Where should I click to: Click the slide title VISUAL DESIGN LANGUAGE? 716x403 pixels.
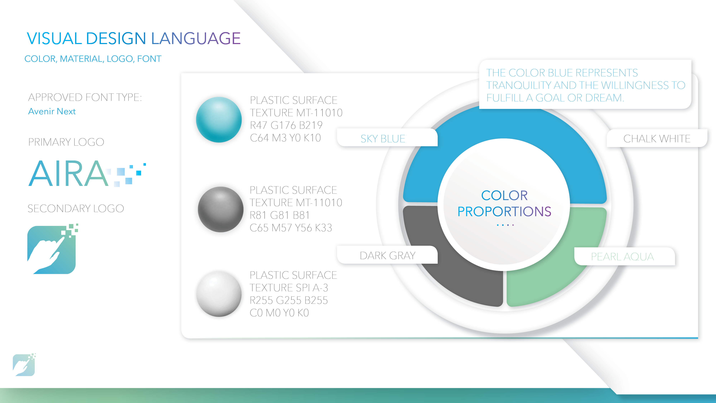(134, 38)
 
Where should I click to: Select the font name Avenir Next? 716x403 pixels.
(52, 111)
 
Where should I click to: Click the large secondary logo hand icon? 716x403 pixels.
(52, 249)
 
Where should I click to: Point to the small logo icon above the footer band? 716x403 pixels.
(24, 365)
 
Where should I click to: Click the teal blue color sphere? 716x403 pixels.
(219, 120)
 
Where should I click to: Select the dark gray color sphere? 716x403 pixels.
(220, 209)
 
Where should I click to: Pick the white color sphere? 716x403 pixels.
(219, 294)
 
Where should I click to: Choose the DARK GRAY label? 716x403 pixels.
(388, 255)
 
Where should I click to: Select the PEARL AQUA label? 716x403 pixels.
(622, 256)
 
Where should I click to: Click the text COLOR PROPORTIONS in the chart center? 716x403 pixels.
(504, 203)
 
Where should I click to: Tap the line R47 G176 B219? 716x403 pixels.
(286, 125)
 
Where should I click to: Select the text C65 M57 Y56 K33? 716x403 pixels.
(291, 228)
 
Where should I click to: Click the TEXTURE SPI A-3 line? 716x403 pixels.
(289, 288)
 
